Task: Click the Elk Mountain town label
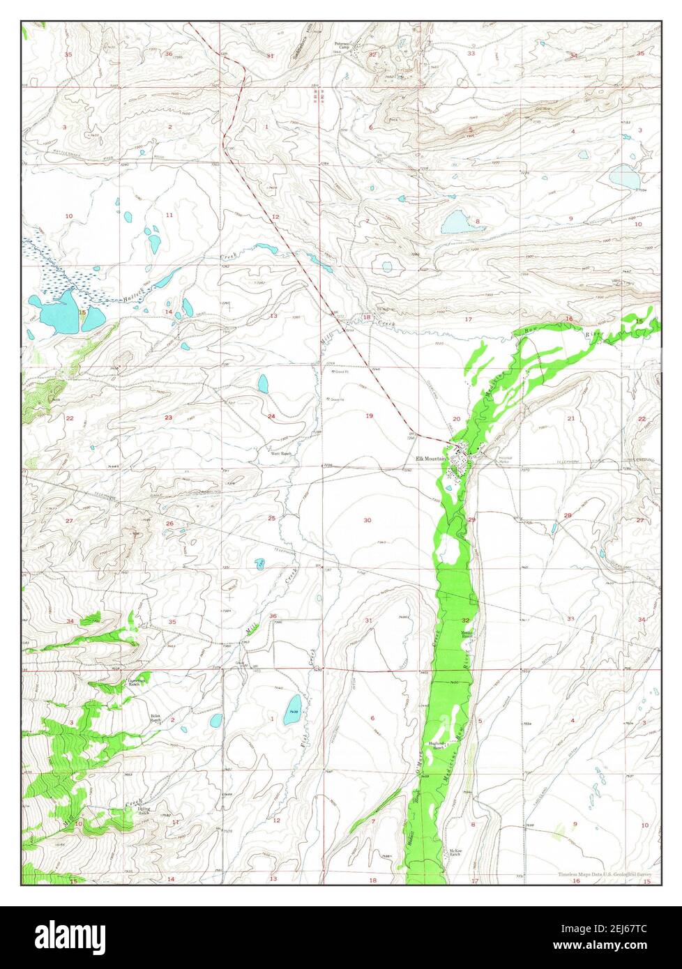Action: [430, 458]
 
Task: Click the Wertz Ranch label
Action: [281, 454]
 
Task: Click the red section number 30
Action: [367, 520]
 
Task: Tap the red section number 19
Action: [369, 416]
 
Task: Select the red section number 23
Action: [168, 417]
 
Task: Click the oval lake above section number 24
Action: [263, 383]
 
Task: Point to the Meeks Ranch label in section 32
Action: [467, 635]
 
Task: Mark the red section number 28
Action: [568, 515]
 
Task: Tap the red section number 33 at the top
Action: [471, 54]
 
